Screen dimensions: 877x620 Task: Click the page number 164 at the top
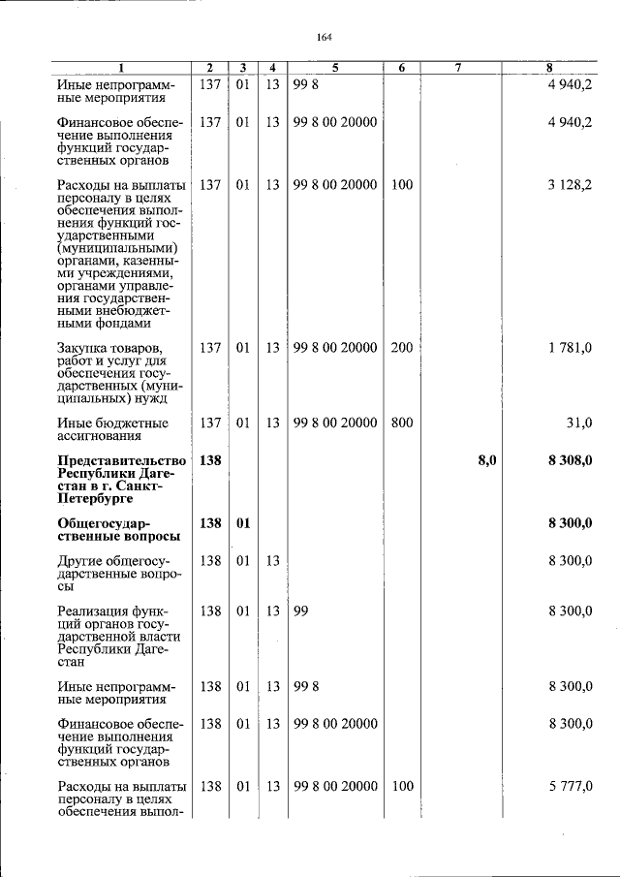[325, 38]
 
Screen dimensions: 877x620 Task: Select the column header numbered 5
[334, 68]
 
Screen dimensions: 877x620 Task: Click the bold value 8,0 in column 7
[486, 460]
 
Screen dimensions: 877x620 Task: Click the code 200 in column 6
[401, 348]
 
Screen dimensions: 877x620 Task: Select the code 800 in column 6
[401, 423]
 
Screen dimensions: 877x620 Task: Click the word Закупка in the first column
[84, 348]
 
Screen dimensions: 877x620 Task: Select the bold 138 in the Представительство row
[210, 460]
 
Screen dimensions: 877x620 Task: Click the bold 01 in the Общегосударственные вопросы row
[243, 523]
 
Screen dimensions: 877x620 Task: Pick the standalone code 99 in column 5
[300, 611]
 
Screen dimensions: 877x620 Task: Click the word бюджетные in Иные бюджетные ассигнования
[129, 423]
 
